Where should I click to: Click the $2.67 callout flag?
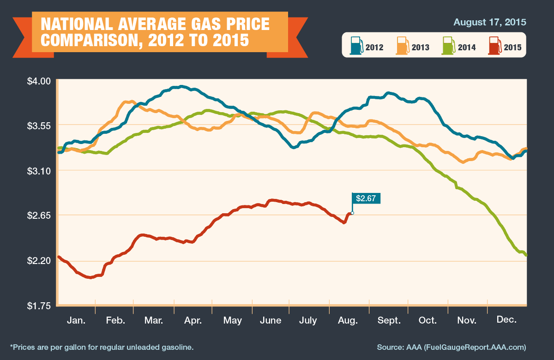coord(366,198)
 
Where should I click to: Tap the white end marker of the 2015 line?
coord(352,213)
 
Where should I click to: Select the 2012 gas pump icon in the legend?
coord(356,46)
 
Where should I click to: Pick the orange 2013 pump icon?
coord(403,46)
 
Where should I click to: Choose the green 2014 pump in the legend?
coord(449,46)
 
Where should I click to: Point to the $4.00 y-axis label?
coord(39,81)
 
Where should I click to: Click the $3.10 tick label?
coord(39,171)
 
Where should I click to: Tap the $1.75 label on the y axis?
coord(39,306)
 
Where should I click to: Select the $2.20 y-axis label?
coord(39,261)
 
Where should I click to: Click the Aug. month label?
coord(348,321)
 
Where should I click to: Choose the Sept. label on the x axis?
coord(389,321)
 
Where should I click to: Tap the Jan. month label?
coord(77,320)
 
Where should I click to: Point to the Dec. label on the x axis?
coord(507,320)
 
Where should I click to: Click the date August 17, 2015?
coord(490,22)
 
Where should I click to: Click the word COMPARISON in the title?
coord(91,40)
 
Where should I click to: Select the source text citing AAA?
coord(452,348)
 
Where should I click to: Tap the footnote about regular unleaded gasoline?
coord(102,348)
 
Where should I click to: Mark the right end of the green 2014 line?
coord(526,255)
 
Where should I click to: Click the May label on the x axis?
coord(233,321)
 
